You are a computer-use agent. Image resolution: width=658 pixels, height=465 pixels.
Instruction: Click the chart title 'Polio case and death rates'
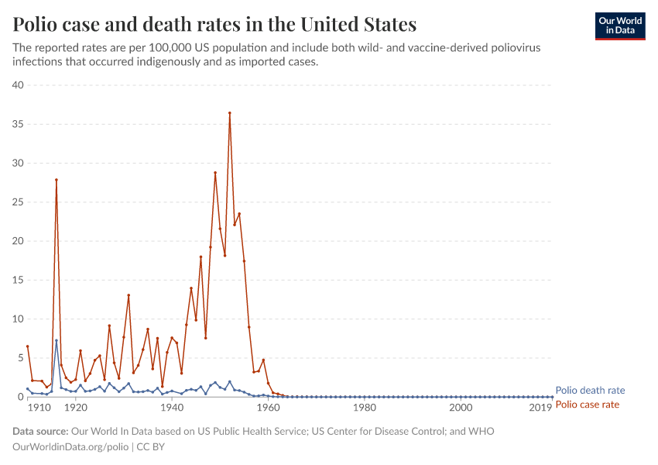[214, 25]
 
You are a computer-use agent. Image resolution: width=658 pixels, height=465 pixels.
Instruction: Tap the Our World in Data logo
[619, 26]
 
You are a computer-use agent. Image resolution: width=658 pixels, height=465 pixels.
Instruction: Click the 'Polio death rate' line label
[590, 391]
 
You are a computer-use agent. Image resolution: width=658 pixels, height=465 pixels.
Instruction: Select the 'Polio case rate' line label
[588, 405]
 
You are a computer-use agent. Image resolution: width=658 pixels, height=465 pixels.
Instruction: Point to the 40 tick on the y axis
[18, 85]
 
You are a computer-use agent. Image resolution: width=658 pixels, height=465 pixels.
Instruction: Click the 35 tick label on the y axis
[18, 124]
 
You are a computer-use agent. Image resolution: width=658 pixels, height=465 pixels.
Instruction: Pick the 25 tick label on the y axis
[18, 202]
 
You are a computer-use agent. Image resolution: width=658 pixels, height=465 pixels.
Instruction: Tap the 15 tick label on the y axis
[18, 281]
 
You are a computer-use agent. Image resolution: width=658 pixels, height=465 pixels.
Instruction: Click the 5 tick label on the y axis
[21, 358]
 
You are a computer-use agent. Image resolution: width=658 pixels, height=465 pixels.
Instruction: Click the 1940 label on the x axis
[172, 408]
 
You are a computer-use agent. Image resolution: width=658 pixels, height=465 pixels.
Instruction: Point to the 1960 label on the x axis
[268, 408]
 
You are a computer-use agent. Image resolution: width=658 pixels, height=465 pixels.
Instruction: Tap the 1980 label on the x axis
[365, 408]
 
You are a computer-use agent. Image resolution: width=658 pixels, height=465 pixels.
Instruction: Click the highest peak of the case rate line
[230, 113]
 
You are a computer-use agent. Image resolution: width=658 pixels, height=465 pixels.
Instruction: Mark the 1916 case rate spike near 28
[56, 180]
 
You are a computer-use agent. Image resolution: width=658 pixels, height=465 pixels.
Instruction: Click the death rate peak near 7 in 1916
[56, 341]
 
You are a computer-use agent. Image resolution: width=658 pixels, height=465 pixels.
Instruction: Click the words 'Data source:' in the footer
[40, 432]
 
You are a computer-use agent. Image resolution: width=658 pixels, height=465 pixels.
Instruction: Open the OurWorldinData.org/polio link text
[71, 447]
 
